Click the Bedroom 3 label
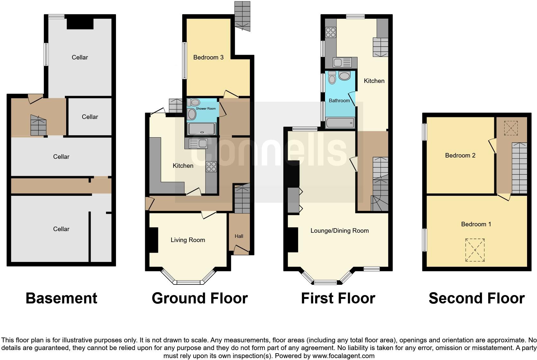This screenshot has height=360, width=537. tap(208, 57)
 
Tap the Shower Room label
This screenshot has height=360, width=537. tap(207, 109)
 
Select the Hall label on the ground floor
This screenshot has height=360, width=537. tap(239, 236)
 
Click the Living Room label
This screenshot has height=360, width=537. tap(188, 240)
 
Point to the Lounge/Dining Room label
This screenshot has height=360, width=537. tap(339, 230)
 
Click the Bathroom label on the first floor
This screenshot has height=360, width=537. tap(339, 101)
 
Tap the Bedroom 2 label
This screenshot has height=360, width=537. tap(460, 155)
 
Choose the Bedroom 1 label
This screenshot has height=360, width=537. tap(476, 224)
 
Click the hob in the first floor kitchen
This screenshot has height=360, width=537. tap(330, 32)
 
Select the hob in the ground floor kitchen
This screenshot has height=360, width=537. tap(211, 166)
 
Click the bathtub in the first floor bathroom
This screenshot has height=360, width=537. tap(340, 123)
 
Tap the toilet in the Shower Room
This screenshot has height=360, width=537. tap(194, 103)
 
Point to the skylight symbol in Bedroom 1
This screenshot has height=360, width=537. tap(475, 250)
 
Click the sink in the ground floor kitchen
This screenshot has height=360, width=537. tap(198, 143)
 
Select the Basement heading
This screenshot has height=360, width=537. tap(61, 298)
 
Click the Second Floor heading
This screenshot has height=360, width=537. tap(477, 298)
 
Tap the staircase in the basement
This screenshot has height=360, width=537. tap(38, 125)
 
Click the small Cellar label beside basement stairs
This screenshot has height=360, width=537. tap(90, 117)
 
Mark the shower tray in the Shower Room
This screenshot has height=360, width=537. tap(202, 129)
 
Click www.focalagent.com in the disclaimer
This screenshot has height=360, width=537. tap(343, 356)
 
